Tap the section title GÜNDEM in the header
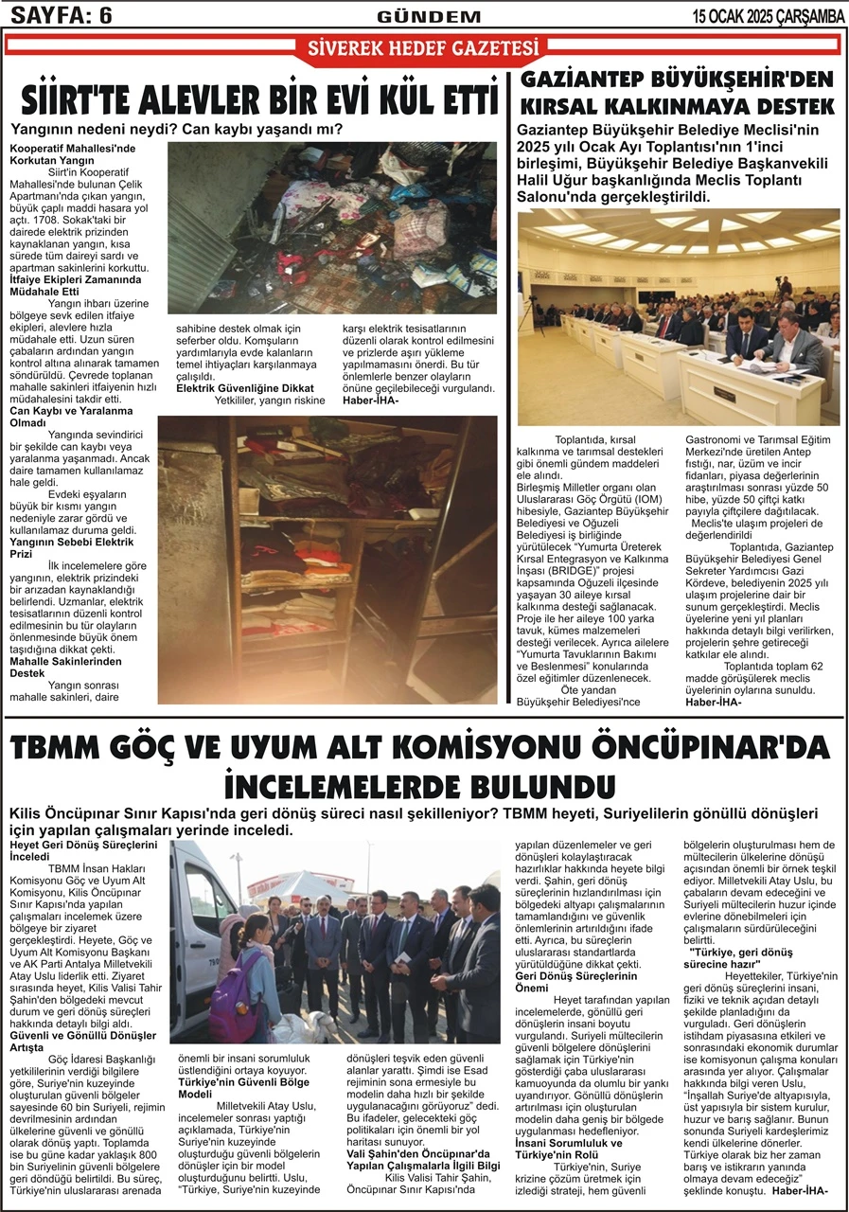pyautogui.click(x=428, y=16)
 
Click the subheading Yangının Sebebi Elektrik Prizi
pyautogui.click(x=71, y=547)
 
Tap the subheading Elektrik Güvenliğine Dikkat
pyautogui.click(x=245, y=388)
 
